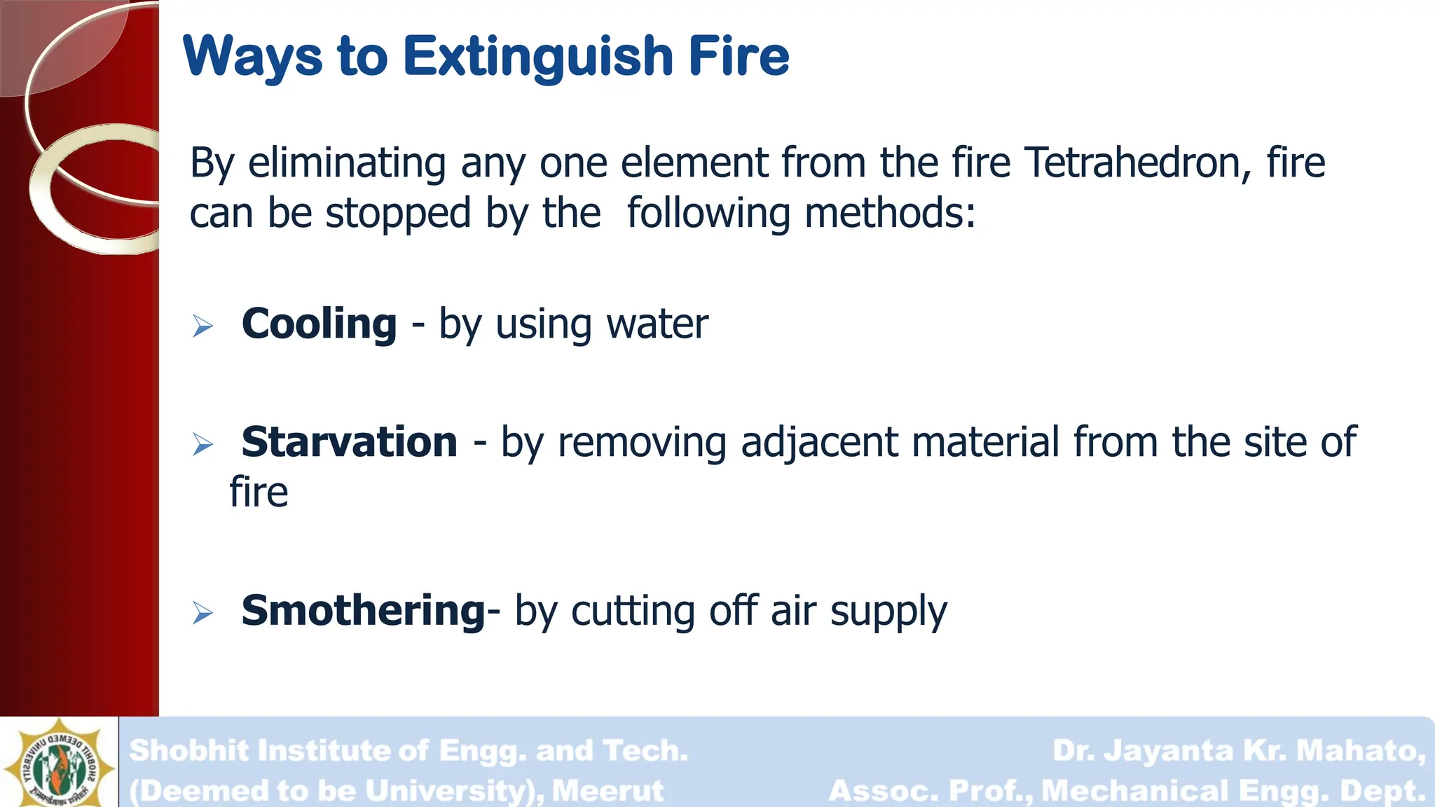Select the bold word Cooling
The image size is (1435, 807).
(320, 324)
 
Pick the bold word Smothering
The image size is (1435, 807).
(363, 610)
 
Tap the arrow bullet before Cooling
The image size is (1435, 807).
(202, 326)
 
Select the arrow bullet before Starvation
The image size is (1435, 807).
(202, 444)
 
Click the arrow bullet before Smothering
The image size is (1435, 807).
(202, 613)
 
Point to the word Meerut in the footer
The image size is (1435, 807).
(607, 791)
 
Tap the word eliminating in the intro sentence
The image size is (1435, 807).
(347, 163)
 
